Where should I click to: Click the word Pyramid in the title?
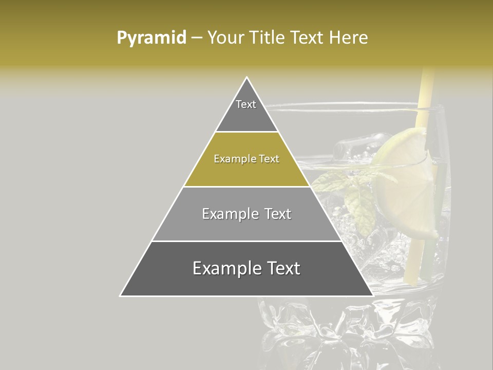[151, 38]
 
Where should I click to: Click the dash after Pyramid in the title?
[197, 38]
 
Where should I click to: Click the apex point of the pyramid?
[247, 78]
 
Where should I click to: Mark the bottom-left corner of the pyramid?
[121, 295]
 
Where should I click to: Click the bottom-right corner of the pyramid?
[372, 295]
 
